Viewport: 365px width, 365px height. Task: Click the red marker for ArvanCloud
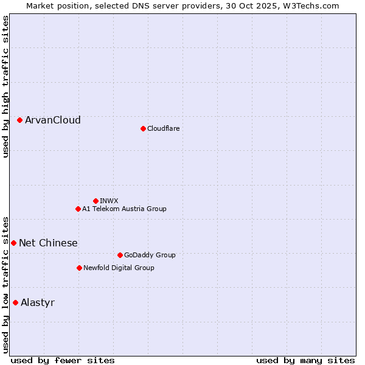(20, 120)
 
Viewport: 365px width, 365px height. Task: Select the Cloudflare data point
(143, 128)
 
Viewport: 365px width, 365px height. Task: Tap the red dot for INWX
(96, 201)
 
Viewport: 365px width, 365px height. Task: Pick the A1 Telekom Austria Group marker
(78, 209)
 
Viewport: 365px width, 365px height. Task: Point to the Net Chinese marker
(14, 243)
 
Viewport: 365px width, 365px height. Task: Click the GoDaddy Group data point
(120, 255)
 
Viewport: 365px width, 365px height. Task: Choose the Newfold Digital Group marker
(79, 268)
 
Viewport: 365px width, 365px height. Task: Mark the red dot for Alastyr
(16, 302)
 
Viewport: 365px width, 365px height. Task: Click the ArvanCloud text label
(53, 120)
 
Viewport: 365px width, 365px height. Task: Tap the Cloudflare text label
(164, 128)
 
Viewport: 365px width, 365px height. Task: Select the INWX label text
(109, 201)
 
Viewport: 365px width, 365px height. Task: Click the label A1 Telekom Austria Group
(124, 209)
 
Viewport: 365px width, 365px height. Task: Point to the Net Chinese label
(48, 243)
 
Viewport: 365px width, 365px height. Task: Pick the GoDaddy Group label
(150, 255)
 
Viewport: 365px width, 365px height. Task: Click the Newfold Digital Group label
(119, 268)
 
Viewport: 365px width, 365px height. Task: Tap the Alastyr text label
(38, 303)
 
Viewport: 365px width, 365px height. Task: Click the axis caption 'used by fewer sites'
(63, 361)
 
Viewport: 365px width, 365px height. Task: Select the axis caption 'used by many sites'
(305, 361)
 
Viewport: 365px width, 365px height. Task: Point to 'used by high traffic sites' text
(6, 86)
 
